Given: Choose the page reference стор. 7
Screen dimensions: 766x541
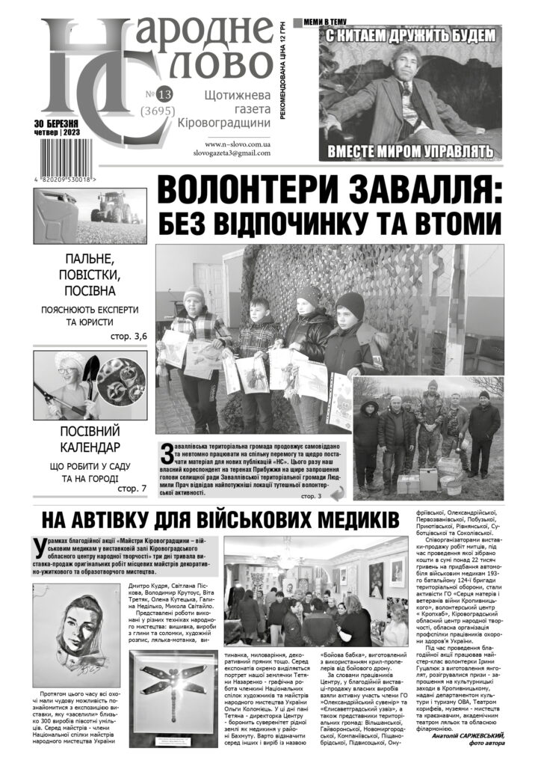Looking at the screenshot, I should [x=132, y=488].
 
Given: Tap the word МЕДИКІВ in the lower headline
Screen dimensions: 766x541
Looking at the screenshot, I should [x=332, y=521].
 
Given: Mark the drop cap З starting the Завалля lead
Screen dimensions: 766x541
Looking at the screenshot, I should [x=167, y=453].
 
